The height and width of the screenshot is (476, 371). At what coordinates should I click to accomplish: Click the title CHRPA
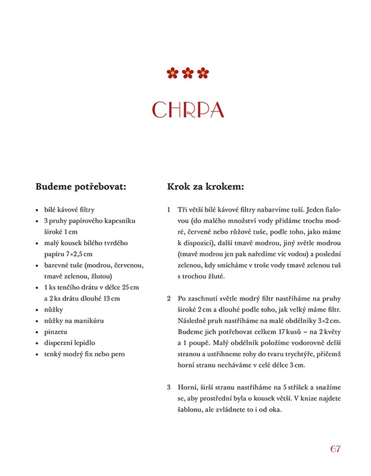tap(188, 110)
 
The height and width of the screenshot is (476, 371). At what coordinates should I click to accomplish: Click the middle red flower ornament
tap(188, 73)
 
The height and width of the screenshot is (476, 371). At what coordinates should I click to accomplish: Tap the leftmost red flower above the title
tap(173, 73)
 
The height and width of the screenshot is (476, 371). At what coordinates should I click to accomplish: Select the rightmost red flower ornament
tap(203, 73)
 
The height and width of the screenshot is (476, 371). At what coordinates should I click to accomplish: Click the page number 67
tap(335, 448)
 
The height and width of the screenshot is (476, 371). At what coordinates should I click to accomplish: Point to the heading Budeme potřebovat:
tap(81, 186)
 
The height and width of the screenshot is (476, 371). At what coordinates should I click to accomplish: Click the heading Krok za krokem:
tap(205, 186)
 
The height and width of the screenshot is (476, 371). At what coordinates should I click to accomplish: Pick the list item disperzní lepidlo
tap(70, 343)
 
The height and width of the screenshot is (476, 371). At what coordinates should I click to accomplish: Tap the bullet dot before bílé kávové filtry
tap(37, 210)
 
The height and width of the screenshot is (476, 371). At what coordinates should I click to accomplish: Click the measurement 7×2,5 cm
tap(78, 254)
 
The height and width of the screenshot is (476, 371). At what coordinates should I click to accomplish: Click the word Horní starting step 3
tap(189, 387)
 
